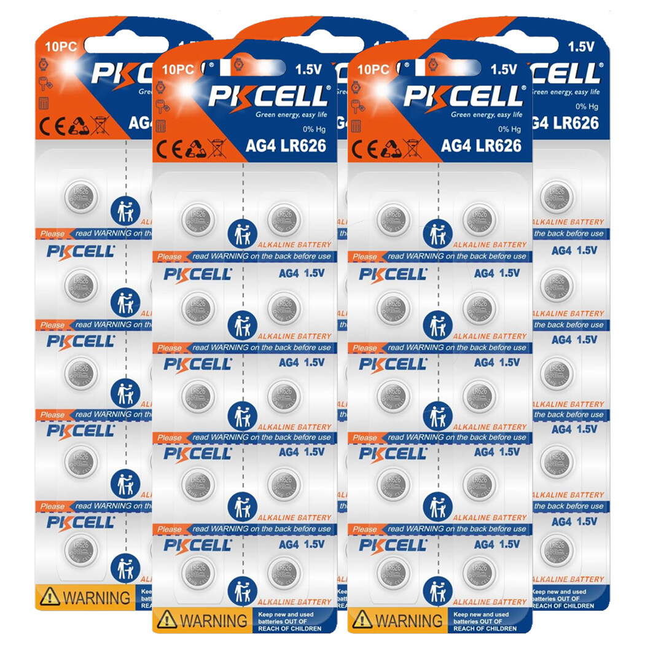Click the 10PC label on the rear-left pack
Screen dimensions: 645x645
click(56, 47)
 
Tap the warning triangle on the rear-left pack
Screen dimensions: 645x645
click(49, 596)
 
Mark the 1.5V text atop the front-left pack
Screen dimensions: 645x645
click(310, 70)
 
